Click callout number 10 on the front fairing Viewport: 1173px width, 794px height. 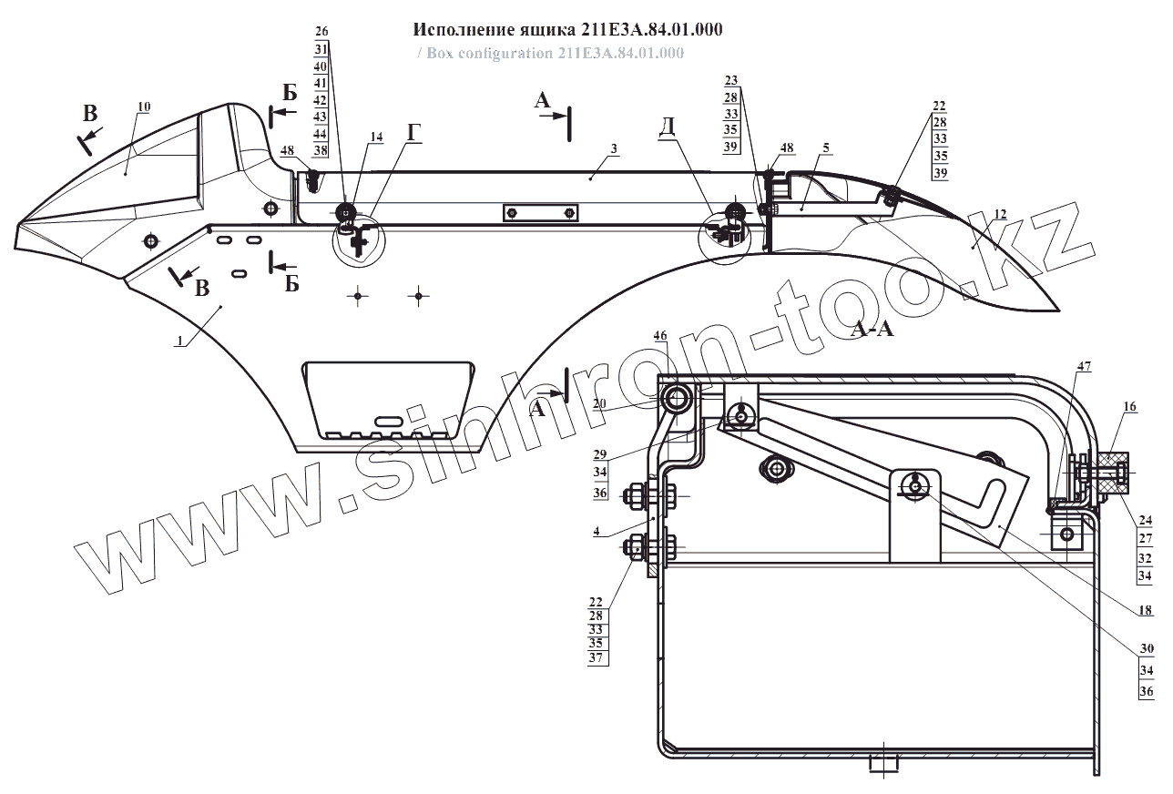[x=143, y=107]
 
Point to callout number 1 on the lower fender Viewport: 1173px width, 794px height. [x=180, y=341]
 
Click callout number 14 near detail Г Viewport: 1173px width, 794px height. [x=376, y=137]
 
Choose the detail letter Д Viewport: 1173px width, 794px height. [x=668, y=127]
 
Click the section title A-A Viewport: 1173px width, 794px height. [x=872, y=330]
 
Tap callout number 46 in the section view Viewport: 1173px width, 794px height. [x=660, y=336]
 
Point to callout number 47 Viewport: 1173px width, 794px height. [x=1084, y=365]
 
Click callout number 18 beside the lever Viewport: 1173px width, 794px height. [x=1145, y=610]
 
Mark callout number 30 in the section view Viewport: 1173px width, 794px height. [x=1146, y=648]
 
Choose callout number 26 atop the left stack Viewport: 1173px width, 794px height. [x=321, y=31]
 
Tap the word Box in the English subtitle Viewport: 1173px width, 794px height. [x=439, y=53]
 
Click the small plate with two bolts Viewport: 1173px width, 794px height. [x=541, y=213]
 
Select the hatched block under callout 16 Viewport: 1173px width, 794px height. [x=1112, y=472]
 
